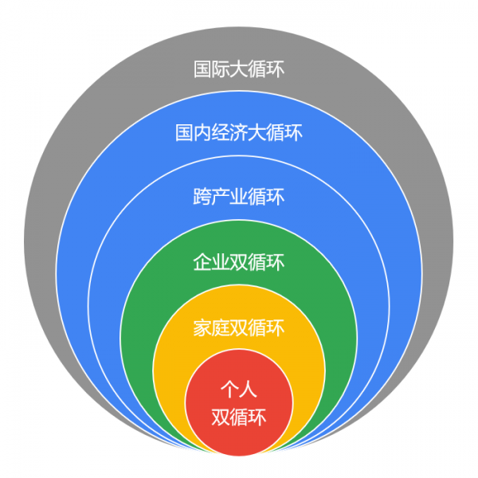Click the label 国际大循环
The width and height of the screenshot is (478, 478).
239,69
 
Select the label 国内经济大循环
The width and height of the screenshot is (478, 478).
239,132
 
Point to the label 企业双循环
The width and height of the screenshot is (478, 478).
239,262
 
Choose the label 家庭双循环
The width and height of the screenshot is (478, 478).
239,327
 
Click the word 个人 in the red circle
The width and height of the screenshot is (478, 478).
239,390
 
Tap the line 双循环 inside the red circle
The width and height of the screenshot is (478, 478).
239,417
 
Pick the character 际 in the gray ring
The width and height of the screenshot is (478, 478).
221,69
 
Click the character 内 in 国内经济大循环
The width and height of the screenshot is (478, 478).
202,132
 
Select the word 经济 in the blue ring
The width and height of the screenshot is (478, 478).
229,132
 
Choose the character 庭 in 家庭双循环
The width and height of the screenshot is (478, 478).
221,327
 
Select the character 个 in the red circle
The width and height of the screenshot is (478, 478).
229,390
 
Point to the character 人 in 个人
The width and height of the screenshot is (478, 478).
249,390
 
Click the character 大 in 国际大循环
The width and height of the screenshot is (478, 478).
239,69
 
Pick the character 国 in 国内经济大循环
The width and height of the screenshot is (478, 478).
184,132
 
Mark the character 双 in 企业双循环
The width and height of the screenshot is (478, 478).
239,262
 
